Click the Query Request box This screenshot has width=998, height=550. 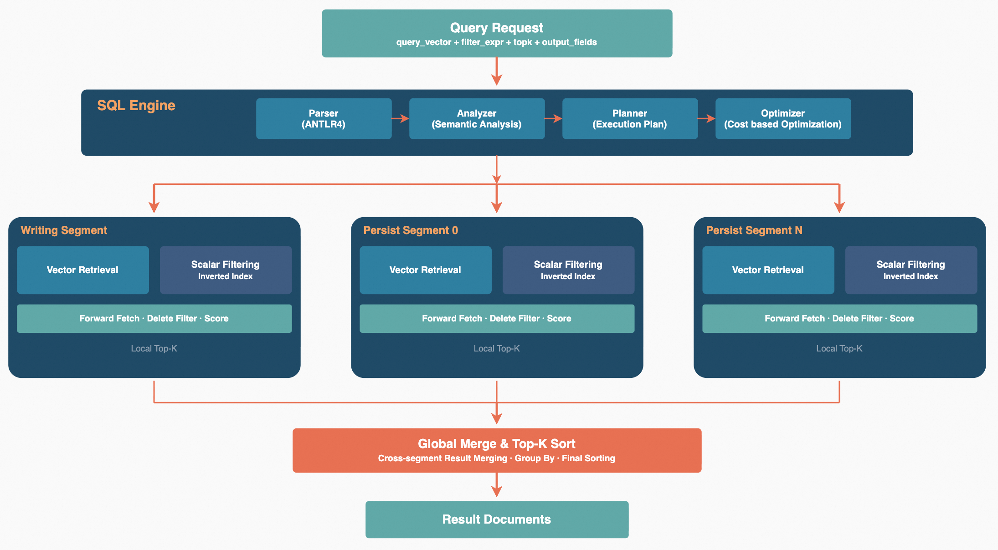click(497, 34)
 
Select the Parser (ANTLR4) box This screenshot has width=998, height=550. click(324, 119)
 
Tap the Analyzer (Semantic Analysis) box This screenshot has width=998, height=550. click(477, 119)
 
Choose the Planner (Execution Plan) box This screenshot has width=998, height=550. click(630, 119)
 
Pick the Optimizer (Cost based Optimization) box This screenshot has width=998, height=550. click(783, 119)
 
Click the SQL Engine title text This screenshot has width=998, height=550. click(136, 106)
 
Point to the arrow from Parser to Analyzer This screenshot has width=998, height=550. click(400, 119)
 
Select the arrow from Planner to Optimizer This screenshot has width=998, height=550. click(706, 119)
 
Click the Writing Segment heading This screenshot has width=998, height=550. click(64, 230)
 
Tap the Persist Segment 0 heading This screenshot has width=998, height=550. click(410, 230)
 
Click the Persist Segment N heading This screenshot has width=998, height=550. click(754, 230)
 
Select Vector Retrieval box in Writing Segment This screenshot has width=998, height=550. click(83, 270)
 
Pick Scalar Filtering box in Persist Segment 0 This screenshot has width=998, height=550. click(568, 270)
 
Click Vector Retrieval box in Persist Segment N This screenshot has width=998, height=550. click(768, 270)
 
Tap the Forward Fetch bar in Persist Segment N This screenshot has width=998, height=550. click(839, 319)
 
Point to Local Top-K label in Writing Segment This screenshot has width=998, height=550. click(154, 349)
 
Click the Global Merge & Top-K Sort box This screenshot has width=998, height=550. click(497, 450)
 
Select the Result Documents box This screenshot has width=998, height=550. click(497, 519)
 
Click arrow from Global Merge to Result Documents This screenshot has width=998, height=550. click(497, 485)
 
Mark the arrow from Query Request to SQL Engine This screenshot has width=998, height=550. click(497, 72)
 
